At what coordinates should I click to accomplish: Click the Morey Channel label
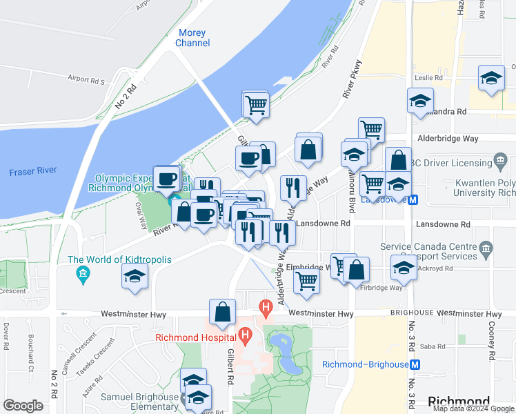192,38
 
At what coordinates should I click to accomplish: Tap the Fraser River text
33,170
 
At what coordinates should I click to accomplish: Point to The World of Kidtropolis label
119,259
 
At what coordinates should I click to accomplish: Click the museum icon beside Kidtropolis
83,274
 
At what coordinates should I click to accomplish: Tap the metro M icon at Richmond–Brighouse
415,364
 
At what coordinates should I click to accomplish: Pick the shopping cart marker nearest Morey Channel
255,106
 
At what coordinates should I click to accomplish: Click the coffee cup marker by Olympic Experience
166,179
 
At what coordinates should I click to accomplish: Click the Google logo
23,406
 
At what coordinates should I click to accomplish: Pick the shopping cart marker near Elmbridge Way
306,280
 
